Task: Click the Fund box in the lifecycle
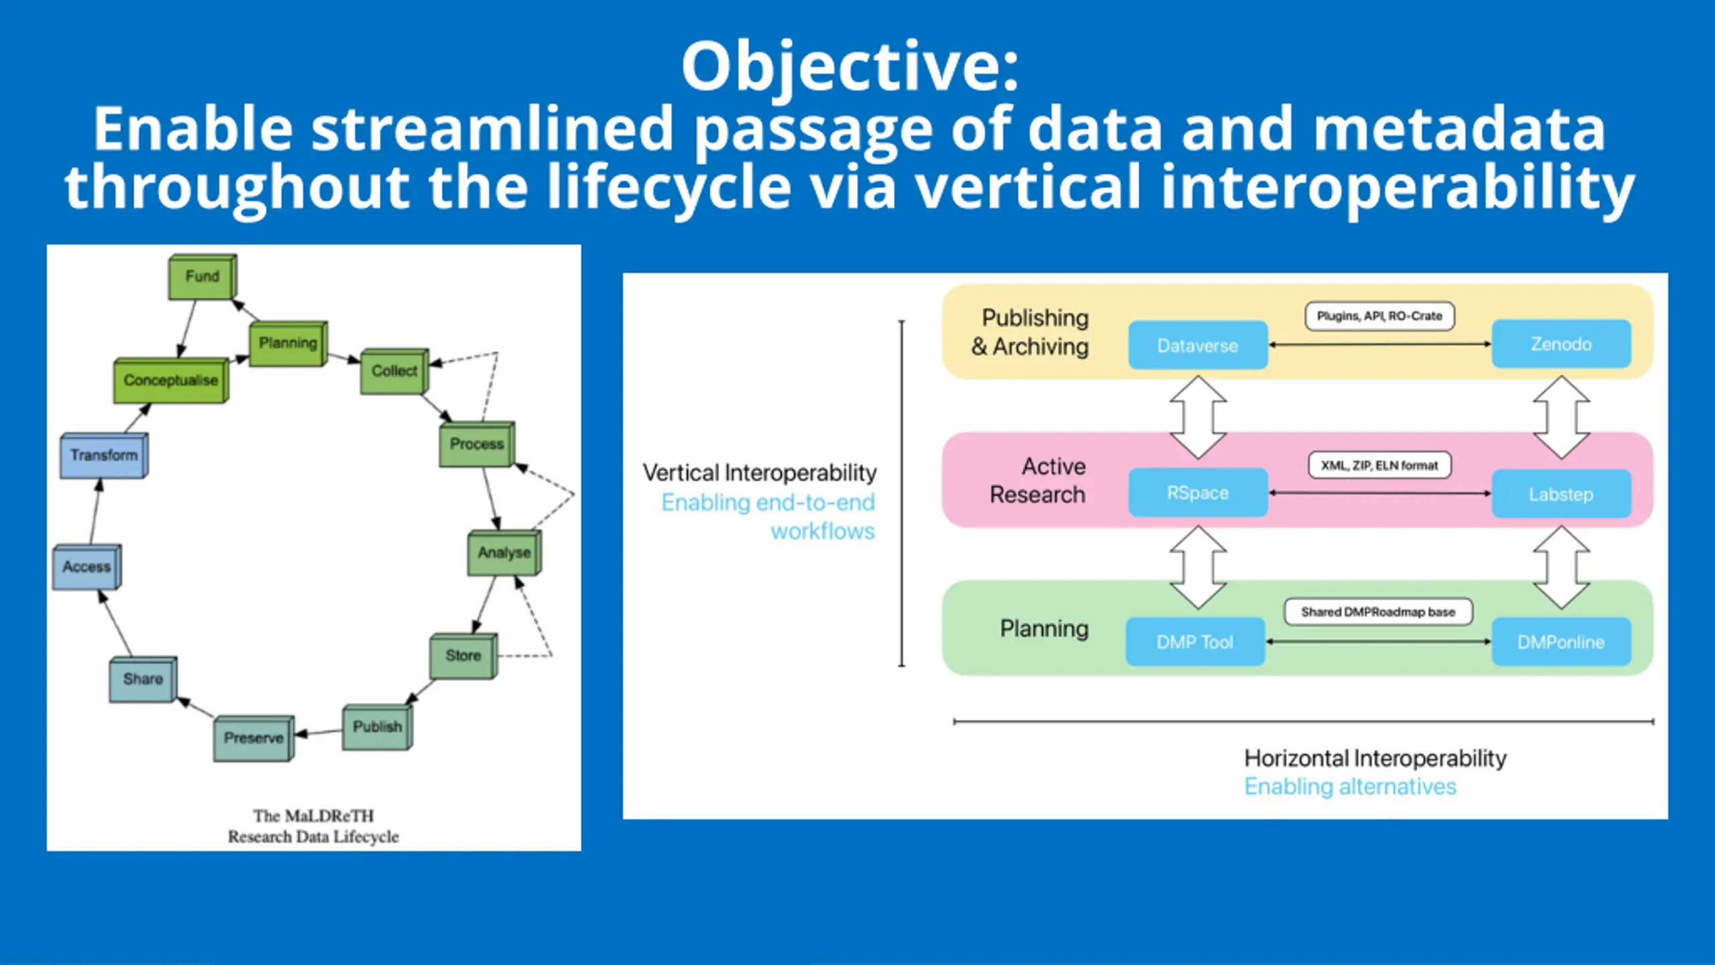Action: click(x=202, y=277)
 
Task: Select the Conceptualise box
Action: click(x=171, y=381)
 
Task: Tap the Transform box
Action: click(x=104, y=456)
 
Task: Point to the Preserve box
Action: click(x=253, y=738)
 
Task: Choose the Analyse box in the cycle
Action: click(x=504, y=553)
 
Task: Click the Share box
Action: click(x=143, y=680)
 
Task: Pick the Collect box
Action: click(x=394, y=371)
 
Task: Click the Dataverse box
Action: click(x=1198, y=346)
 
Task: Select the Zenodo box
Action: click(x=1561, y=344)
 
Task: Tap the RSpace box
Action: click(x=1198, y=493)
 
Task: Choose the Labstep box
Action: click(x=1561, y=495)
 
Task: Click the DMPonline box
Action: click(x=1561, y=642)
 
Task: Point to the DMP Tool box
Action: click(x=1195, y=642)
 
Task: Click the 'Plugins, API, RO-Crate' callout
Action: click(x=1379, y=316)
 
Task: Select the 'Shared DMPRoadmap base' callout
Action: click(x=1378, y=612)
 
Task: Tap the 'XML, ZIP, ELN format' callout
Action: click(x=1379, y=465)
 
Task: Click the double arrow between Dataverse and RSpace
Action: click(x=1198, y=417)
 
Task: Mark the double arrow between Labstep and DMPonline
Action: click(x=1561, y=567)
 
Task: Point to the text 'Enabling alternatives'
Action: click(x=1350, y=786)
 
